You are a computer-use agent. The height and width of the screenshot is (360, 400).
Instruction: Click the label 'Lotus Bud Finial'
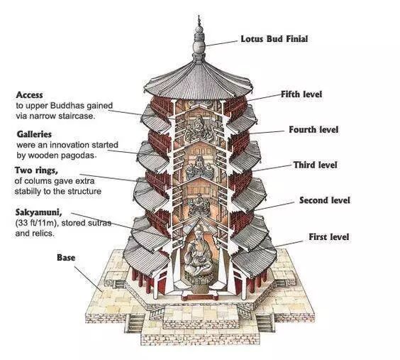click(x=274, y=39)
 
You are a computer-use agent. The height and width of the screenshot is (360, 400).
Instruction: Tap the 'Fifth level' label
click(x=301, y=94)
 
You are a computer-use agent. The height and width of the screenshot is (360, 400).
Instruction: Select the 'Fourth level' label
click(x=313, y=130)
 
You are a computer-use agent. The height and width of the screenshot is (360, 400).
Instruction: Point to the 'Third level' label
click(x=315, y=165)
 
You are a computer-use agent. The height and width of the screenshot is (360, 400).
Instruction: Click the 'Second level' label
click(x=325, y=200)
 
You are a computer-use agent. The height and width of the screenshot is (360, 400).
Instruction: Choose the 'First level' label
click(x=329, y=236)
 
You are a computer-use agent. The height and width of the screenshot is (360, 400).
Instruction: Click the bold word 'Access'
click(x=29, y=95)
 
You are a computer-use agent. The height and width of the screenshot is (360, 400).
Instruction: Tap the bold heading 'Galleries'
click(x=34, y=134)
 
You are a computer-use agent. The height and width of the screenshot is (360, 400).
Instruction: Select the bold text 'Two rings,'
click(x=36, y=170)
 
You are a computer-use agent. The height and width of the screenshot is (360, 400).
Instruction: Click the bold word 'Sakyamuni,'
click(x=38, y=212)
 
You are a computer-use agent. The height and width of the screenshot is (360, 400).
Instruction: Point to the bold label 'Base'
click(x=66, y=258)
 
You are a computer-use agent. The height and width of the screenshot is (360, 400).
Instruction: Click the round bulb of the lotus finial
click(x=199, y=47)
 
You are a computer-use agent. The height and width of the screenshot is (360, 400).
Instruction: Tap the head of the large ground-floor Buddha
click(x=198, y=231)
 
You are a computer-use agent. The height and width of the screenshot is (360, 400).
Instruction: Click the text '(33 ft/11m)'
click(x=35, y=223)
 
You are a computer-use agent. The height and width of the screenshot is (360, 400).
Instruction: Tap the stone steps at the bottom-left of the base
click(x=135, y=323)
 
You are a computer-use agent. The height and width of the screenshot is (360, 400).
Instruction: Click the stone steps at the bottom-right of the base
click(x=265, y=323)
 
